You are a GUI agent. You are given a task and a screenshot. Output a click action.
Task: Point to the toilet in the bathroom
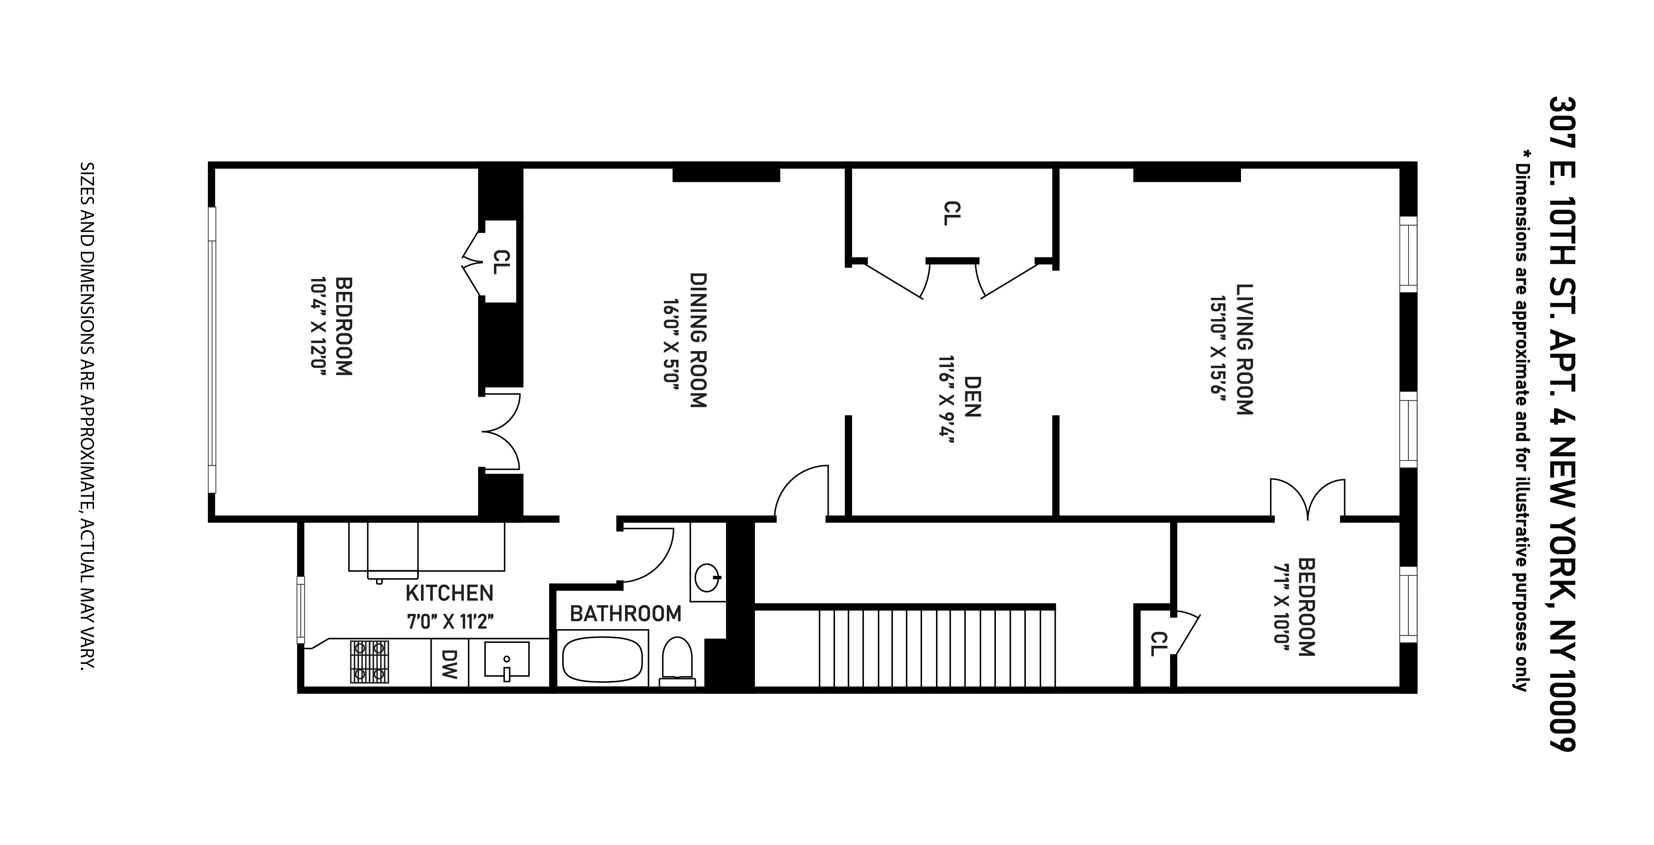pos(677,660)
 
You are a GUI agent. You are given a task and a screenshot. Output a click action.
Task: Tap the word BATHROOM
pos(625,614)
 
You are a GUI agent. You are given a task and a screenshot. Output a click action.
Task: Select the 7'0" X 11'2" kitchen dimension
pos(450,621)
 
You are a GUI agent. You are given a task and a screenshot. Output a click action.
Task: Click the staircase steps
pos(937,649)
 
